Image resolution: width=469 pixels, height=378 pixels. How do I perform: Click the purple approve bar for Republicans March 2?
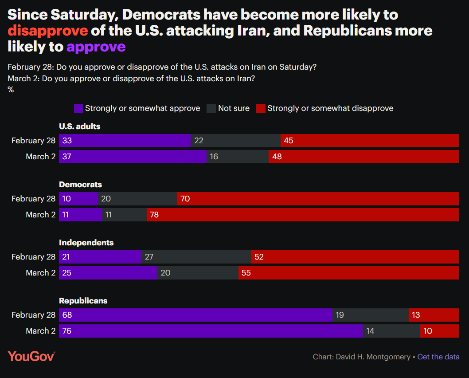211,331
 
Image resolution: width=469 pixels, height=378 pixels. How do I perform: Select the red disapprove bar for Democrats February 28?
318,199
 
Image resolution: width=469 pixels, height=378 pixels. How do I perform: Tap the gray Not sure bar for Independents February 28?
196,257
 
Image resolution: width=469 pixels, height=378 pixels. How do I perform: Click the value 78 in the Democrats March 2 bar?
154,215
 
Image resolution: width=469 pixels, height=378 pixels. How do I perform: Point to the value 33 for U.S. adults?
67,141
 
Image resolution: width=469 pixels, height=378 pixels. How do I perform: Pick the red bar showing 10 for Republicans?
439,331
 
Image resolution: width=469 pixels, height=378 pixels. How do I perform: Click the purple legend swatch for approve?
78,108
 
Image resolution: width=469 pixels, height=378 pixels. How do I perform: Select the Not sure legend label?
234,108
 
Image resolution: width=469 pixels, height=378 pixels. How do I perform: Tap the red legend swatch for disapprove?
261,108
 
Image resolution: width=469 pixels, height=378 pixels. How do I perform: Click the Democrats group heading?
80,185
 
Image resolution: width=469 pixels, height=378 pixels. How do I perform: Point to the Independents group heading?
86,243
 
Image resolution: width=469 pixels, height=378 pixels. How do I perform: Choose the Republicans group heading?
83,301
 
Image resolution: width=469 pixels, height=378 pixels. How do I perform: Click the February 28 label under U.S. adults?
33,141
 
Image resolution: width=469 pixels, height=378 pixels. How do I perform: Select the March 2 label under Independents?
40,273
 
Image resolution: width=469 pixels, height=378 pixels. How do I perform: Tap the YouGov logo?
31,356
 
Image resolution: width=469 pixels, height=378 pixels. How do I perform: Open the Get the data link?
438,357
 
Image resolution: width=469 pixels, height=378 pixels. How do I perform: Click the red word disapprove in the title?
47,31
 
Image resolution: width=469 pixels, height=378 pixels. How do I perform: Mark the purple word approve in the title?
96,47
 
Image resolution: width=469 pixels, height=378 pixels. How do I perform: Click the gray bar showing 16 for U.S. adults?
237,157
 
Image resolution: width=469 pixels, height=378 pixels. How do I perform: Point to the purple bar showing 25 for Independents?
108,273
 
